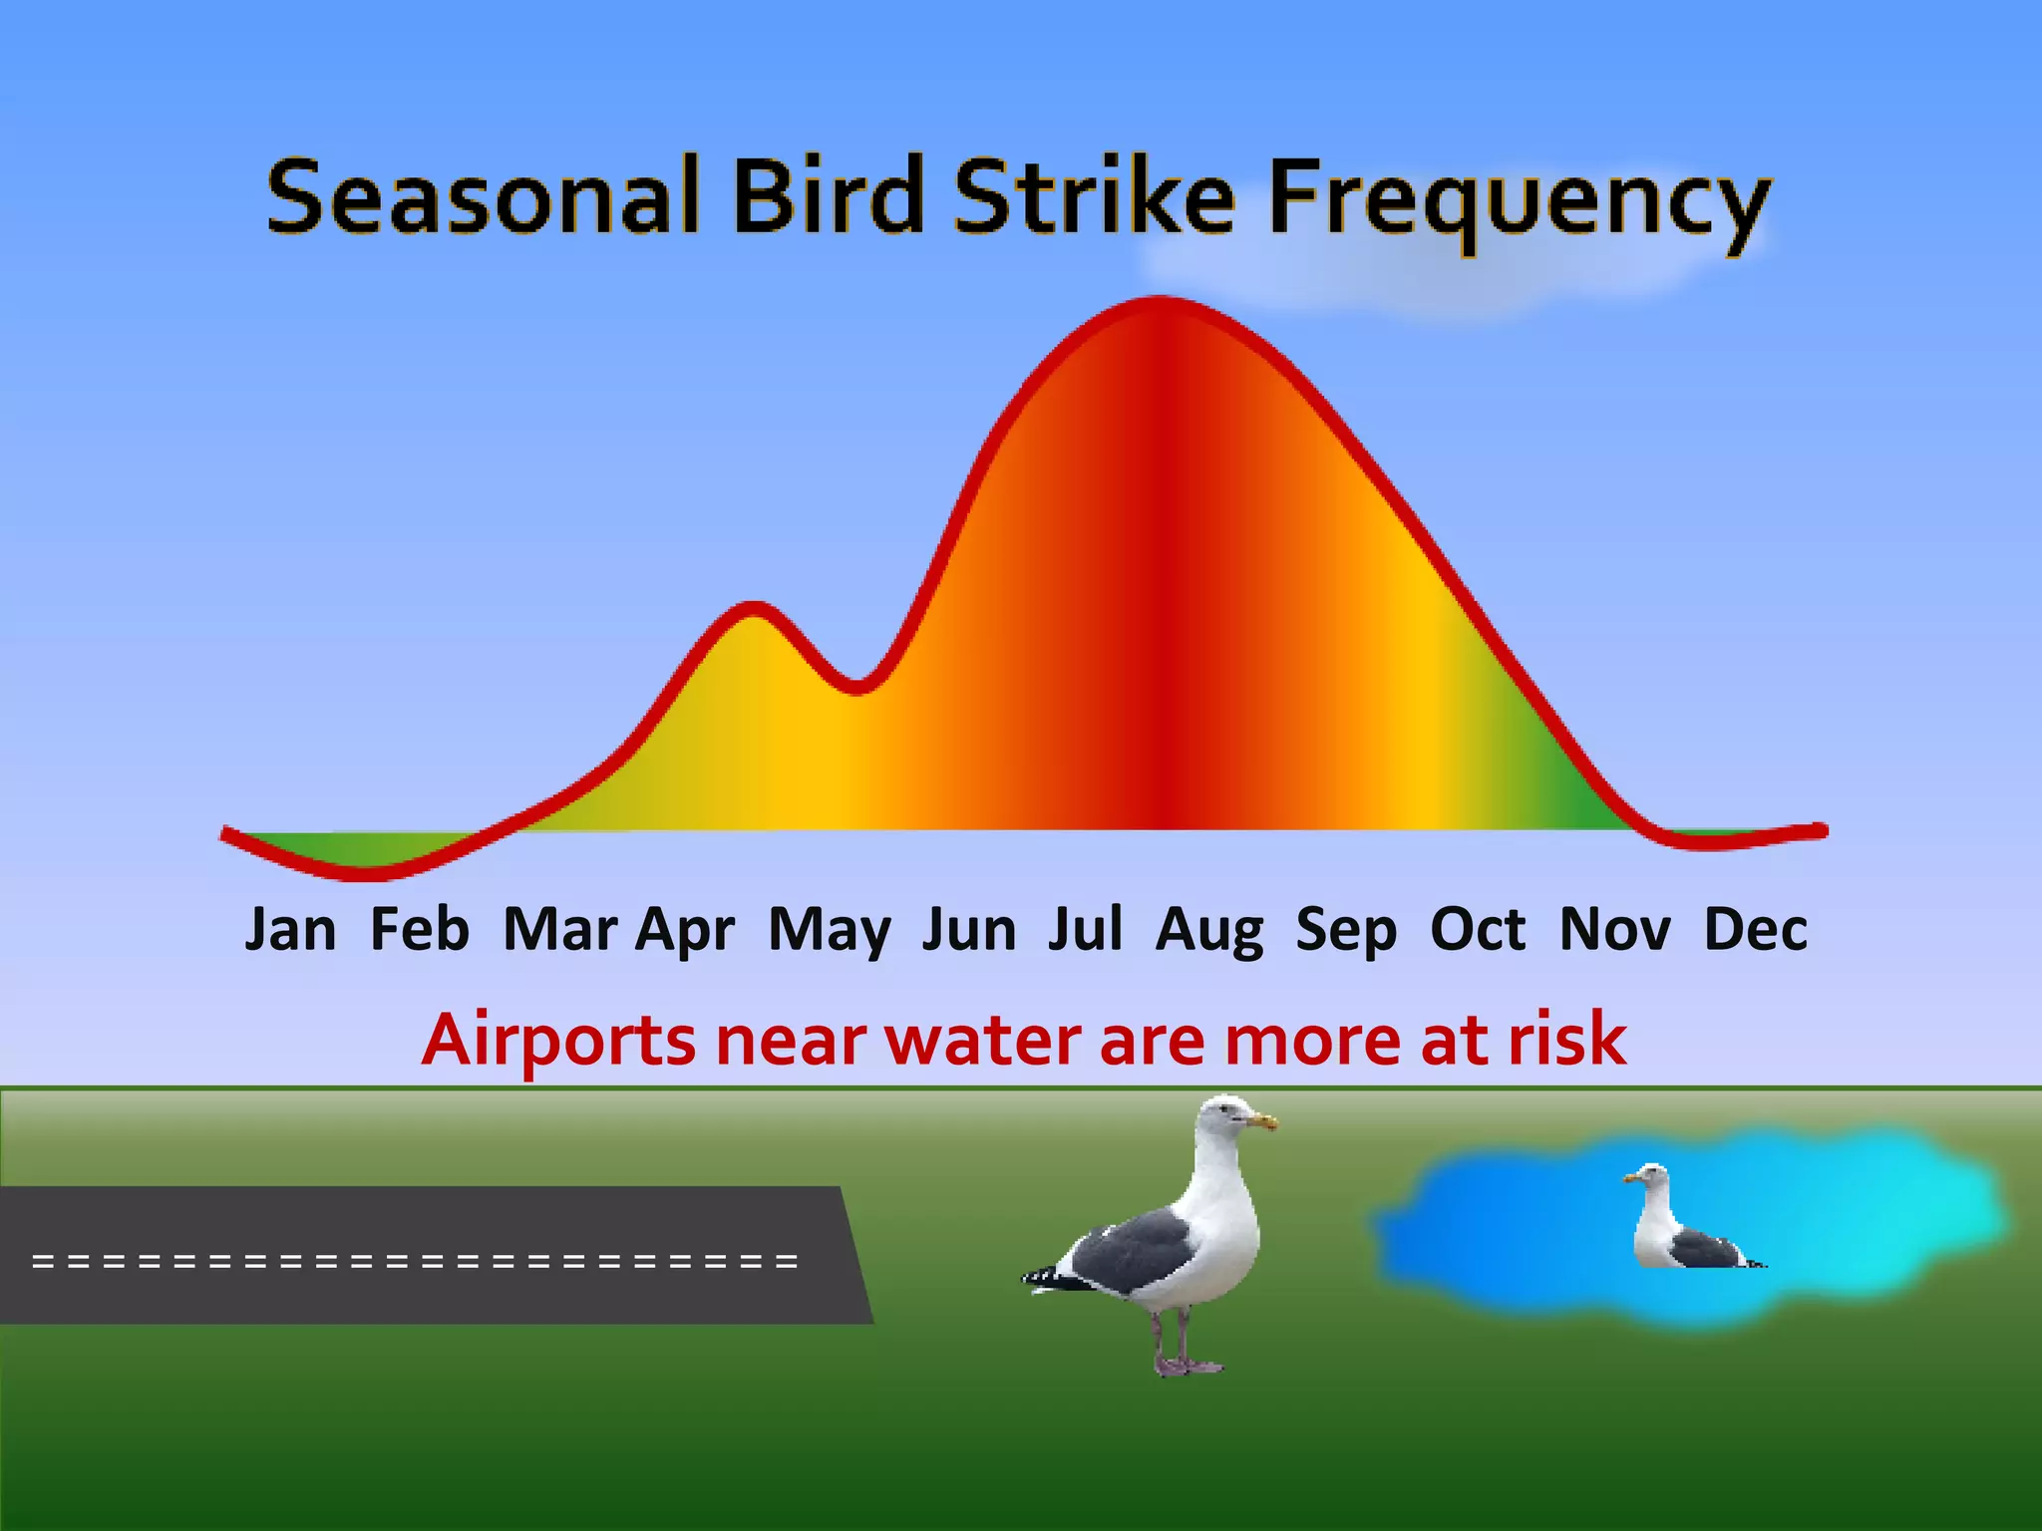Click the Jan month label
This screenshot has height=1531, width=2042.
click(x=290, y=929)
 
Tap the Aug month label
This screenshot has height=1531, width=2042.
click(x=1209, y=931)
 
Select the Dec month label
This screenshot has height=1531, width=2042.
click(x=1755, y=929)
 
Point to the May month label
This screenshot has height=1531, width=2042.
click(x=829, y=931)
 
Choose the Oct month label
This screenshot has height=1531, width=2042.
click(x=1477, y=929)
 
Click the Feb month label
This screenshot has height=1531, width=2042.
click(x=419, y=929)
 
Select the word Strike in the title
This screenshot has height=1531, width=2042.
click(x=1094, y=196)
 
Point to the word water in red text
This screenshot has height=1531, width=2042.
click(x=983, y=1041)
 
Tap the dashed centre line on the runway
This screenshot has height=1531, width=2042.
click(x=415, y=1261)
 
